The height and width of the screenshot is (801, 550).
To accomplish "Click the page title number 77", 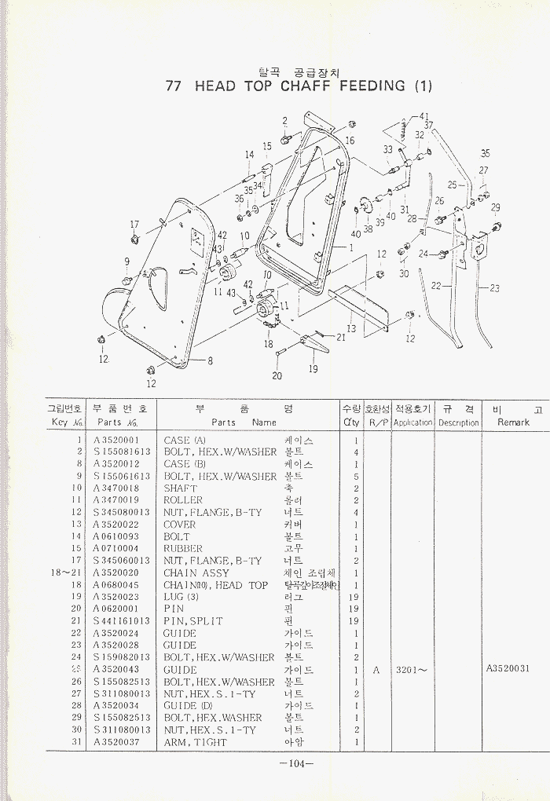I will [x=174, y=86].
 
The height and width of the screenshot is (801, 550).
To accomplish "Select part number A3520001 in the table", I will [x=115, y=441].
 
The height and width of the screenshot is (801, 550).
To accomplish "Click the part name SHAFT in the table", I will [x=180, y=488].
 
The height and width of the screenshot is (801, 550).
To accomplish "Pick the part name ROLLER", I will [x=183, y=500].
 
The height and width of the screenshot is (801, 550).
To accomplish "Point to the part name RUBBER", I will [x=183, y=549].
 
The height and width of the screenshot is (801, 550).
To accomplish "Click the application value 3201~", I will [x=411, y=670].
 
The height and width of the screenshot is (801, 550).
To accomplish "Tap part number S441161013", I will [x=121, y=621].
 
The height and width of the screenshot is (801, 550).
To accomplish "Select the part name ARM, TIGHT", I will [x=195, y=742].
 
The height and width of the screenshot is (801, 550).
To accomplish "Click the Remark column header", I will [x=513, y=422].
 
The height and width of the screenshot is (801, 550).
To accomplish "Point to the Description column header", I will [x=458, y=422].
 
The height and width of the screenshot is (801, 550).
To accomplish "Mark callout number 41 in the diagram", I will [x=425, y=115].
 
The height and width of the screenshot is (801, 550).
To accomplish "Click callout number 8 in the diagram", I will [x=211, y=361].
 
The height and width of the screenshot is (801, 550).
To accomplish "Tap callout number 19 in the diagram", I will [x=313, y=369].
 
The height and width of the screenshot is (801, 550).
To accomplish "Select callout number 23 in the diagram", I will [x=494, y=288].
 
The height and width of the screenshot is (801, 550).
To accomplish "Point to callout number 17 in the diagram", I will [x=134, y=225].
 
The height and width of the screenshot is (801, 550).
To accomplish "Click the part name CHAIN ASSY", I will [x=196, y=573].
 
